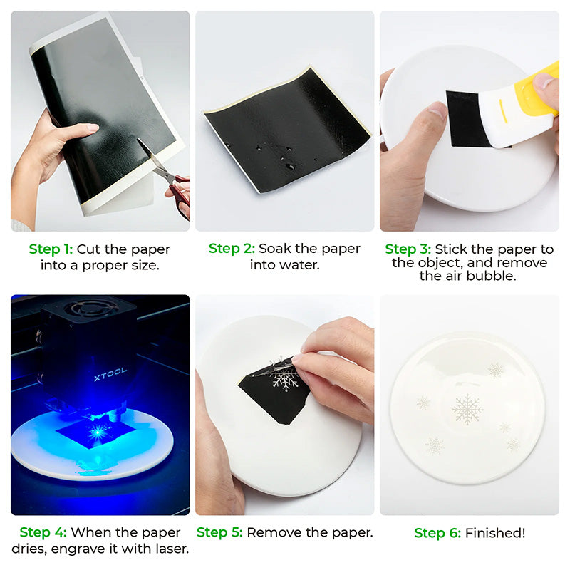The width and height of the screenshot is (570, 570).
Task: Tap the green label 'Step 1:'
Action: click(51, 249)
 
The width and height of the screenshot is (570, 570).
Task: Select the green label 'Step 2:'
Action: click(232, 249)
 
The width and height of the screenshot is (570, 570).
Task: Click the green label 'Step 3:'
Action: click(408, 249)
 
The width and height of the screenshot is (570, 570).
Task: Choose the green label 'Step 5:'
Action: click(219, 532)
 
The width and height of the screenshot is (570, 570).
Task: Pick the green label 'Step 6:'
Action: click(437, 532)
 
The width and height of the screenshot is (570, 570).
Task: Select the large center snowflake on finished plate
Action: click(467, 409)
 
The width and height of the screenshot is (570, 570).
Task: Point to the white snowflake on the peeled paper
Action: click(285, 378)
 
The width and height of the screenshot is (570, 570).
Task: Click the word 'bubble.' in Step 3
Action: click(496, 276)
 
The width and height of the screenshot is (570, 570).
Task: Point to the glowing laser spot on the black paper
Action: click(96, 430)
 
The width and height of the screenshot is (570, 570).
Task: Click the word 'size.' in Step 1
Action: click(144, 265)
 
